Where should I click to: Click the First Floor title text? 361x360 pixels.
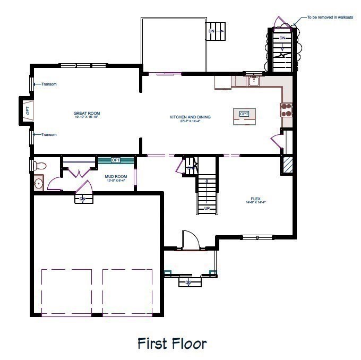coord(172,343)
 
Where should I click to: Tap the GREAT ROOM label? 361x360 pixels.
coord(87,114)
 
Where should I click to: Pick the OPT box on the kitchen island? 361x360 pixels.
coord(244,114)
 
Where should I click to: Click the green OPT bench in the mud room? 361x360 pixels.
coord(116,160)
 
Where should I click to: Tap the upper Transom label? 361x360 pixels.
coord(49,84)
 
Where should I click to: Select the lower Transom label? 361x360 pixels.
coord(49,134)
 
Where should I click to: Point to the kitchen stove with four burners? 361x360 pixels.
coord(287,109)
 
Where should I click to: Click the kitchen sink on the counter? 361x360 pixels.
coord(254,81)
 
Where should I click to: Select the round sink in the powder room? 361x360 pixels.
coord(38,184)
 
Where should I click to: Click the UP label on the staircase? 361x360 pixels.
coord(207,208)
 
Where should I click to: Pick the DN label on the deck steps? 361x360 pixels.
coord(211,31)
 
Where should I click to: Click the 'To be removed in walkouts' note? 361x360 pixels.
coord(329,18)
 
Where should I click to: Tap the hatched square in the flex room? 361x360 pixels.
coord(288,165)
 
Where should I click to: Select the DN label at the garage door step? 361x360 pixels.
coord(83,199)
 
